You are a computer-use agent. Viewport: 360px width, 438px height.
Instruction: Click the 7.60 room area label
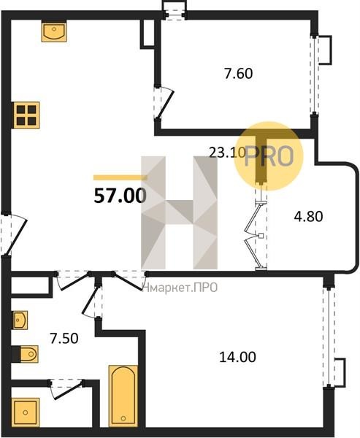click(238, 74)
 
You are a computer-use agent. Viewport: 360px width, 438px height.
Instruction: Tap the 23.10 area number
click(227, 153)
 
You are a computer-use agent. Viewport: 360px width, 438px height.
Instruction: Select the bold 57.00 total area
click(120, 196)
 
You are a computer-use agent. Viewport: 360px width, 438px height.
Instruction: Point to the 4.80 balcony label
click(308, 217)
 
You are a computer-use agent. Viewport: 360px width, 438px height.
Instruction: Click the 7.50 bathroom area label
click(64, 339)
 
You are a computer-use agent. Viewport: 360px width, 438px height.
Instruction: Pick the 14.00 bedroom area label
click(237, 357)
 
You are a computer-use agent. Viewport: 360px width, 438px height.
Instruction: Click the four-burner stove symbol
click(26, 115)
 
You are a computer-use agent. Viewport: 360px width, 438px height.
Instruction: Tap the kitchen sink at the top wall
click(54, 32)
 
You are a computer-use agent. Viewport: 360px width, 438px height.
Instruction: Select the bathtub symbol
click(123, 396)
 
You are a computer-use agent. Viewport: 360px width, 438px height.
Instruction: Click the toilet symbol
click(26, 354)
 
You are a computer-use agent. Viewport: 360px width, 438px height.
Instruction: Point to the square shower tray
click(26, 412)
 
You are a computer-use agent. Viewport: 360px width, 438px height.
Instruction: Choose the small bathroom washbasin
click(20, 320)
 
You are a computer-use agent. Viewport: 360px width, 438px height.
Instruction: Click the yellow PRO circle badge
click(268, 156)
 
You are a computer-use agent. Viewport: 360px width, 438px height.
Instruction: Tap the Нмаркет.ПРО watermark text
click(180, 287)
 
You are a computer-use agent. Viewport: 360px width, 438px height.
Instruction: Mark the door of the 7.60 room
click(164, 104)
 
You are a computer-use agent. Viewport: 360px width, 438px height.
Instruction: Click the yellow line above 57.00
click(120, 177)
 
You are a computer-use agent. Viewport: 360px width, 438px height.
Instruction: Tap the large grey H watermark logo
click(179, 212)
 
